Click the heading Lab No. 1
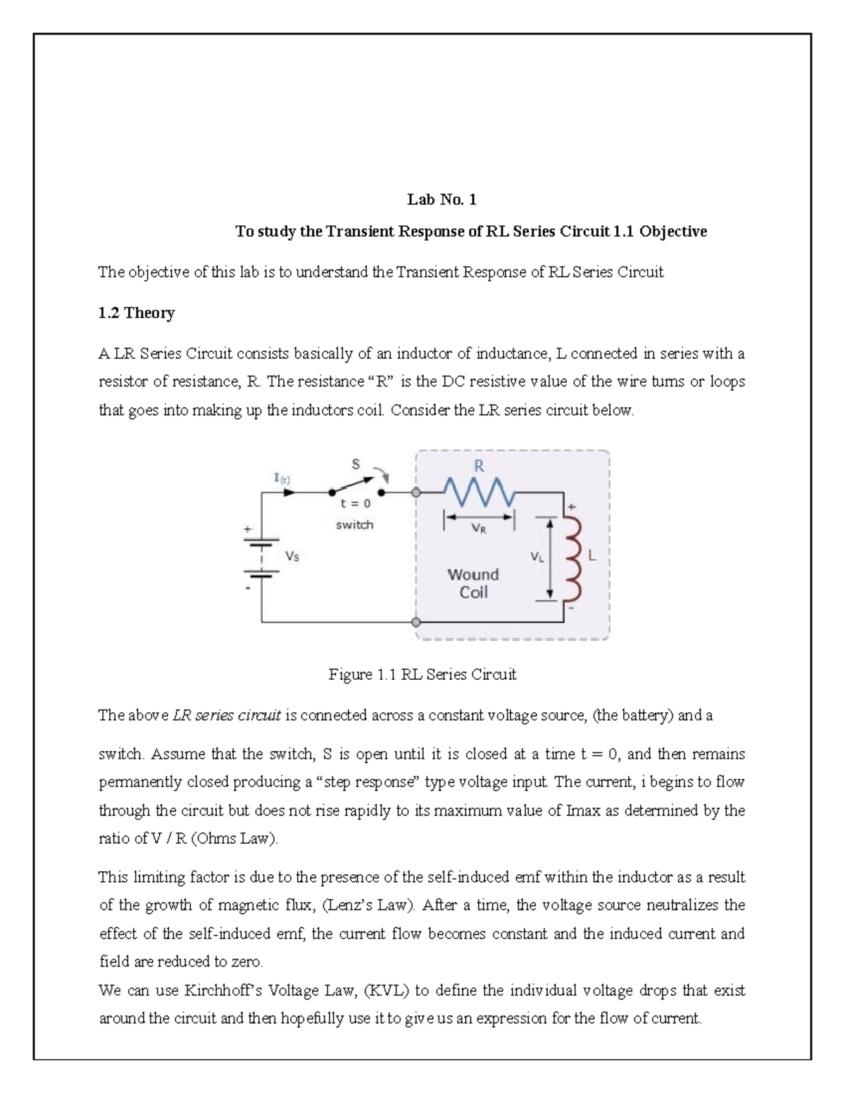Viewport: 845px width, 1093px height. coord(442,200)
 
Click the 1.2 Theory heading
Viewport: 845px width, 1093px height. coord(136,313)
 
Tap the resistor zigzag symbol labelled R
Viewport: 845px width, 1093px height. coord(479,491)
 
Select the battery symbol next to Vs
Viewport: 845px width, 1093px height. coord(262,557)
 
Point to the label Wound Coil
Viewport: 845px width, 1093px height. coord(473,583)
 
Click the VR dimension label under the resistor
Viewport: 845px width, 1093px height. coord(479,530)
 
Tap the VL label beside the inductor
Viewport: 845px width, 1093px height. coord(537,557)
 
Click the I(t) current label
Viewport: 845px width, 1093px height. coord(282,478)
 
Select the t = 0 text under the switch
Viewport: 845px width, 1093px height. coord(355,504)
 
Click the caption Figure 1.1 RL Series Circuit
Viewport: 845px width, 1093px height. coord(423,675)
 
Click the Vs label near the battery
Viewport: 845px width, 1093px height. coord(292,556)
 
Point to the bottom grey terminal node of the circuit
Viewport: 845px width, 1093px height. coord(416,623)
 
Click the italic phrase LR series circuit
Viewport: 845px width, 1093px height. coord(227,716)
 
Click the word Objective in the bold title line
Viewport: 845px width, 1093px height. coord(673,232)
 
